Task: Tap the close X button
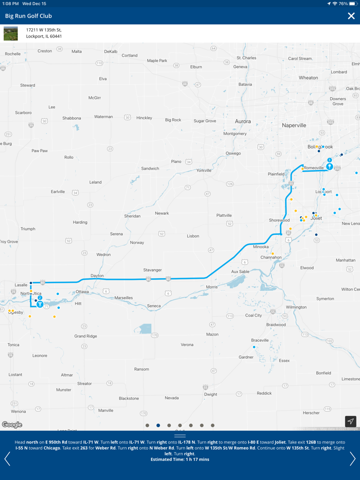(x=351, y=16)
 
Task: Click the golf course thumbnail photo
(x=11, y=33)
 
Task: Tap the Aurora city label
(x=243, y=121)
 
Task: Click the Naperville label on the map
(x=294, y=125)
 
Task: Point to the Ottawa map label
(x=82, y=292)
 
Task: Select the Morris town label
(x=211, y=287)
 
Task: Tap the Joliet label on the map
(x=316, y=218)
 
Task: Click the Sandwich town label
(x=150, y=169)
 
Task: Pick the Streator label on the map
(x=84, y=383)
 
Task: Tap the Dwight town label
(x=210, y=394)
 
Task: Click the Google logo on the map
(x=12, y=424)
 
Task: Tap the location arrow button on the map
(x=350, y=421)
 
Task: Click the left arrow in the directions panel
(x=7, y=458)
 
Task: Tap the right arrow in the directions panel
(x=352, y=458)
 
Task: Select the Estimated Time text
(x=179, y=459)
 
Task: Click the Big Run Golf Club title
(x=28, y=16)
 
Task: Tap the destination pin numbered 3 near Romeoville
(x=329, y=166)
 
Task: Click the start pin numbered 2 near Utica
(x=40, y=303)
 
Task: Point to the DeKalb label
(x=111, y=51)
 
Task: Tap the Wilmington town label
(x=296, y=307)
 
